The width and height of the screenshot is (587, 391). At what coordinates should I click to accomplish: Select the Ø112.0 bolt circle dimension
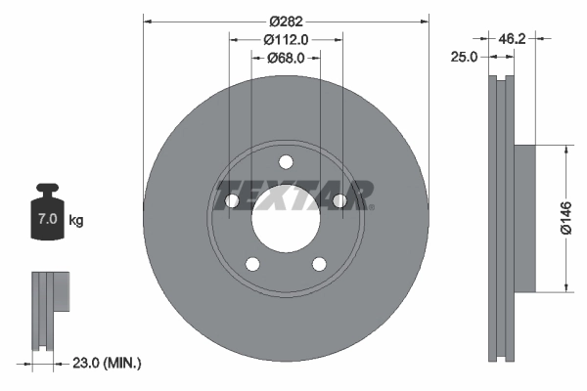(x=287, y=39)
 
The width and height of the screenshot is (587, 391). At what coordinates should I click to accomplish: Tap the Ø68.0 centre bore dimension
(x=287, y=58)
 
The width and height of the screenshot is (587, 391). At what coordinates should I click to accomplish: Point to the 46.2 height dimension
(x=514, y=39)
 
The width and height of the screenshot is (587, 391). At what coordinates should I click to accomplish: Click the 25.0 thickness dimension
(x=465, y=58)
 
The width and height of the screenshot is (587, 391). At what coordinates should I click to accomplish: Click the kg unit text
(x=76, y=221)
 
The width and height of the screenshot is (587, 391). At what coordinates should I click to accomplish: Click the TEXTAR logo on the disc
(x=293, y=195)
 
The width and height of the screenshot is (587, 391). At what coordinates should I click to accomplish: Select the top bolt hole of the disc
(x=286, y=162)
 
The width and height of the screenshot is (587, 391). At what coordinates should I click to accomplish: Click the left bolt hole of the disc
(x=233, y=201)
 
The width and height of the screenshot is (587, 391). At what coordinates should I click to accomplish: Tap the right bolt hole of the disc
(x=339, y=201)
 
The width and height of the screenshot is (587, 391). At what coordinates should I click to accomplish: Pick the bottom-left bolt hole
(x=252, y=263)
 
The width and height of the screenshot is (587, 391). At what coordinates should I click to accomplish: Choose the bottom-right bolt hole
(x=319, y=263)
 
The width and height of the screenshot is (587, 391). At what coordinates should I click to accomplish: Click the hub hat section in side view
(x=523, y=219)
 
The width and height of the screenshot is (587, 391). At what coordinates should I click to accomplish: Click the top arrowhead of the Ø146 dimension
(x=564, y=150)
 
